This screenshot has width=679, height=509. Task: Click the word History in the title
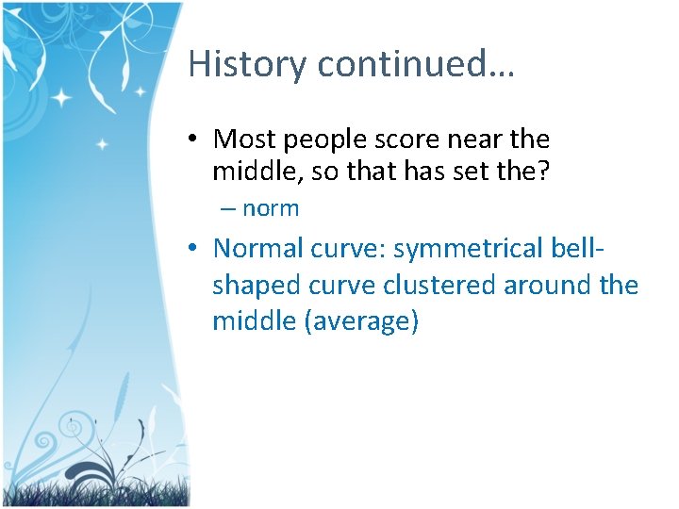[248, 64]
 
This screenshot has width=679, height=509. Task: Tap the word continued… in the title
[416, 64]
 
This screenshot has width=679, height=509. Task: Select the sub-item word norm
[271, 208]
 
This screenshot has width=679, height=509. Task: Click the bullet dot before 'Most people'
[192, 140]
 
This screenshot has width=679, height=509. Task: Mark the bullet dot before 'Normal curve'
[192, 249]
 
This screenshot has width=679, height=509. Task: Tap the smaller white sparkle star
[103, 144]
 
